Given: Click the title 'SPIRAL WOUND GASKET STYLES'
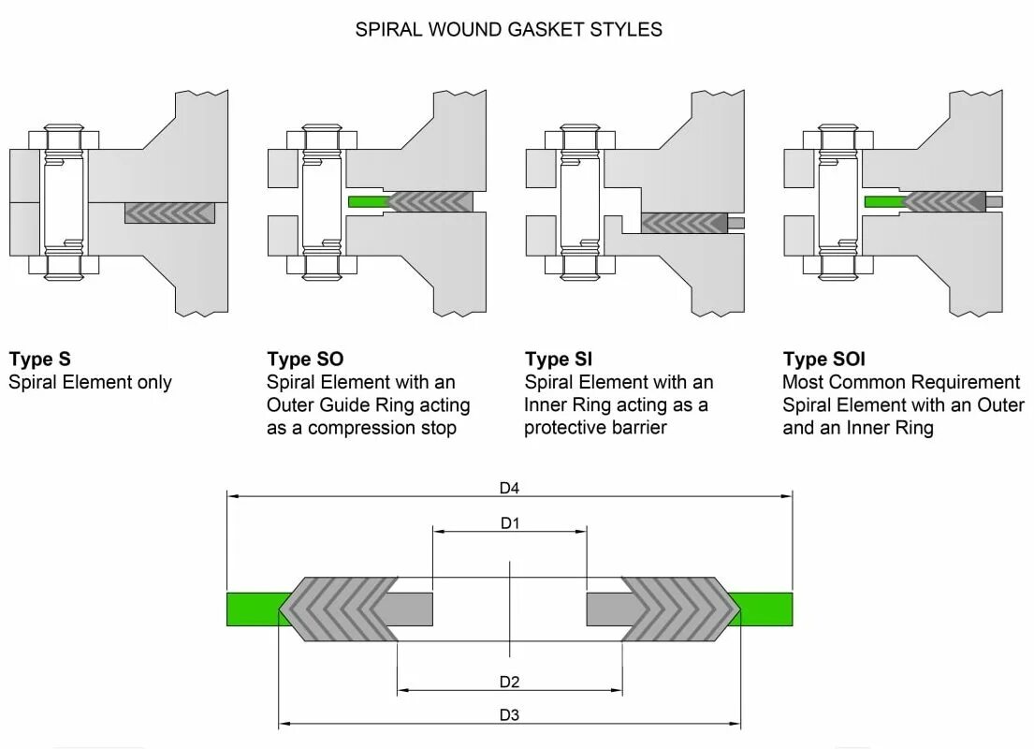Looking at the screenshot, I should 508,30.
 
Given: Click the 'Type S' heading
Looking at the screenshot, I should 39,360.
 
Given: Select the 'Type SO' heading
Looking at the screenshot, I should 305,360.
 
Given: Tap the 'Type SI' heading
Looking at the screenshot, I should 559,360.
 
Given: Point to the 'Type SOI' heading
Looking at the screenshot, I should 824,360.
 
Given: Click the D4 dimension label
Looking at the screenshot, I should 509,488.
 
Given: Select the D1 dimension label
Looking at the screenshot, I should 509,523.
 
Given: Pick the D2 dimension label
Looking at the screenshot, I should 509,682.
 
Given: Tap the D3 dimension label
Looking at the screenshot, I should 509,715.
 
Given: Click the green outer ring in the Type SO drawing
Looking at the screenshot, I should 366,201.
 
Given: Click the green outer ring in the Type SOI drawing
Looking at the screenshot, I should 882,201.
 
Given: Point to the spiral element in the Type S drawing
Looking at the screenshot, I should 169,213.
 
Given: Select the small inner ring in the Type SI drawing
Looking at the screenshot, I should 737,223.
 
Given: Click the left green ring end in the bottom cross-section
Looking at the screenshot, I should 251,609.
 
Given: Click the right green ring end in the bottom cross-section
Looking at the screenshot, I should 767,609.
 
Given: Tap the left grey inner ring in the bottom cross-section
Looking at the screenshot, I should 405,609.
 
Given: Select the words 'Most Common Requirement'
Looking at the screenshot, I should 901,382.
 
